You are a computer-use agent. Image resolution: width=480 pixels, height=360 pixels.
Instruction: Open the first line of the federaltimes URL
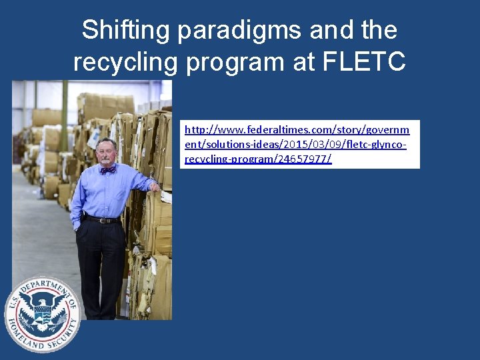(297, 129)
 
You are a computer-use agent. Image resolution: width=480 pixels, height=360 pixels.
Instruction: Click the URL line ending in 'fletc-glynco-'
(295, 145)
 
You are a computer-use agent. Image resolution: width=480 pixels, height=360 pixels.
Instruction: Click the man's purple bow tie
(107, 169)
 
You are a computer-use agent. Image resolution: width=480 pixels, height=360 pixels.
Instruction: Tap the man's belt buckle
(102, 220)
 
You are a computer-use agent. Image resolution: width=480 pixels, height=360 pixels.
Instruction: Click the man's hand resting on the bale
(155, 187)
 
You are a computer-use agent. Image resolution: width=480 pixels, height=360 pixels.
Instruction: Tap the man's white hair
(105, 141)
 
